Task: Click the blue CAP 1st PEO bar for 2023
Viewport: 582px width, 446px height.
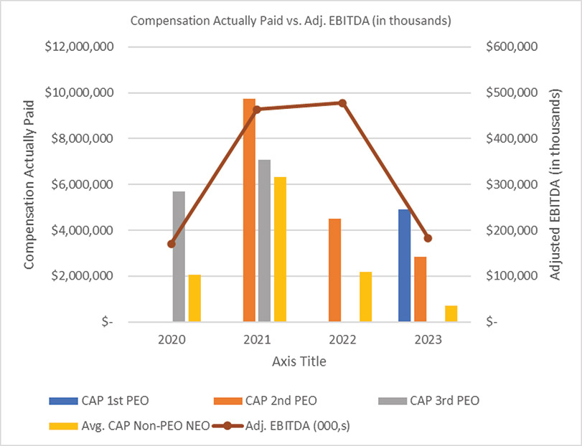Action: (x=405, y=265)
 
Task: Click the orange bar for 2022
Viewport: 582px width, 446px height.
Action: (x=335, y=270)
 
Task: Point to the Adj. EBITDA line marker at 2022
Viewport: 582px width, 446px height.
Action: (x=342, y=103)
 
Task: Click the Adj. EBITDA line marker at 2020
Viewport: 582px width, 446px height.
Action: (x=171, y=244)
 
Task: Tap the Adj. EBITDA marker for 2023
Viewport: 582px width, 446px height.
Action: (x=428, y=238)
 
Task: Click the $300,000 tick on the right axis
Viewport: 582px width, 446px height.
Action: (x=511, y=184)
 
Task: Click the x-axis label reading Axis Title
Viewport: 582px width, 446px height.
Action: (x=299, y=361)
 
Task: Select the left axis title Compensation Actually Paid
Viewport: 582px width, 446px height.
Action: (x=29, y=185)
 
